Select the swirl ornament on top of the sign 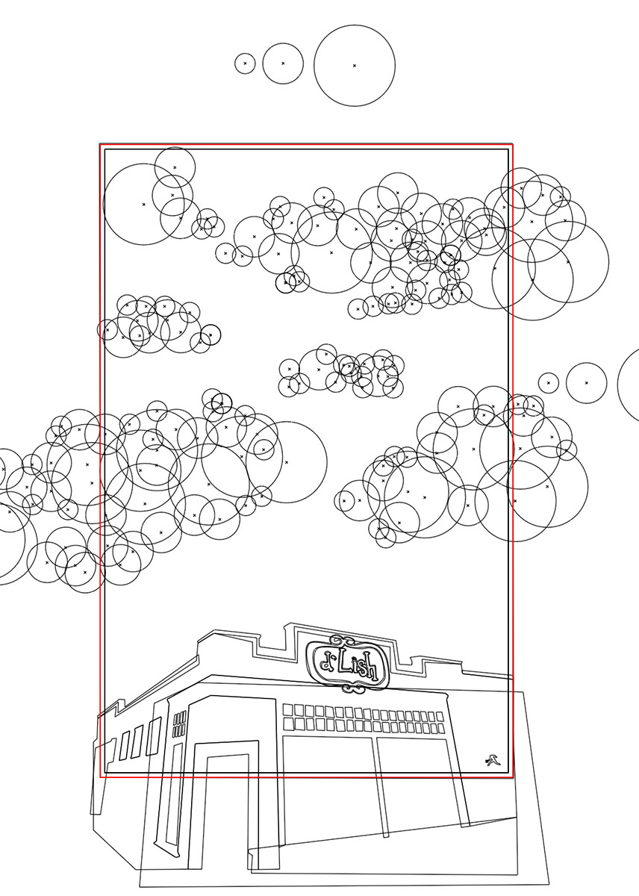click(x=344, y=640)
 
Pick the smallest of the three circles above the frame click(x=245, y=63)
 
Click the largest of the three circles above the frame click(x=355, y=66)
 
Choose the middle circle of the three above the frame click(x=283, y=63)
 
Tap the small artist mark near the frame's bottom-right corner click(x=493, y=761)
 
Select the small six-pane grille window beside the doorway click(x=180, y=725)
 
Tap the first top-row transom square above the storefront click(x=288, y=710)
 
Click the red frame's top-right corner click(x=512, y=144)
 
